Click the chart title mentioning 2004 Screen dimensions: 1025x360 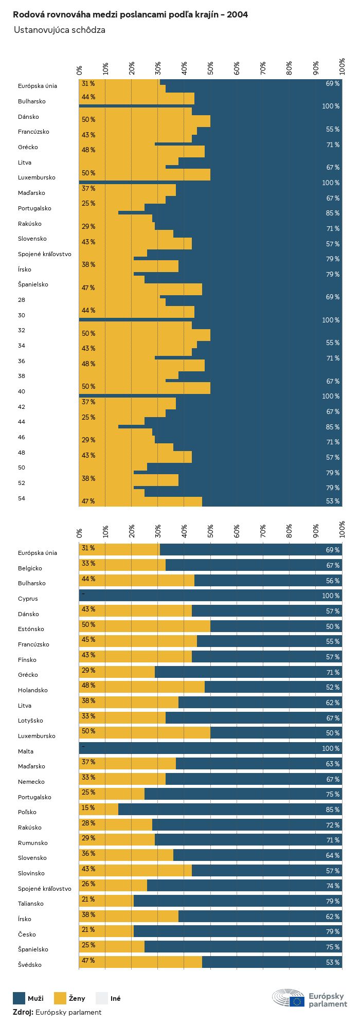tap(130, 15)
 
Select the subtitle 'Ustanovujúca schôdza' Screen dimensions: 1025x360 tap(60, 30)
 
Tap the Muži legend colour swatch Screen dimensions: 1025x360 tap(19, 998)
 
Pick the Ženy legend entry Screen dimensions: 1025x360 tap(70, 998)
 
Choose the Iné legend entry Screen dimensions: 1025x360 tap(109, 998)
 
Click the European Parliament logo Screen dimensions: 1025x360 tap(310, 998)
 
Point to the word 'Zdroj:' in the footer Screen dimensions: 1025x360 tap(23, 1012)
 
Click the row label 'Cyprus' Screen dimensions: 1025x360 tap(28, 599)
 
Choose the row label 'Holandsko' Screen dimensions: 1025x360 tap(33, 690)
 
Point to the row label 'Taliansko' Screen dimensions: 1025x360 tap(31, 904)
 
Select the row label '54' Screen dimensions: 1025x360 tap(22, 498)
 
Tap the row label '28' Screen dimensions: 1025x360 tap(22, 300)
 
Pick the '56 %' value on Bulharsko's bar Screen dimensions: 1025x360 tap(332, 581)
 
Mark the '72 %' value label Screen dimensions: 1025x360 tap(332, 825)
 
